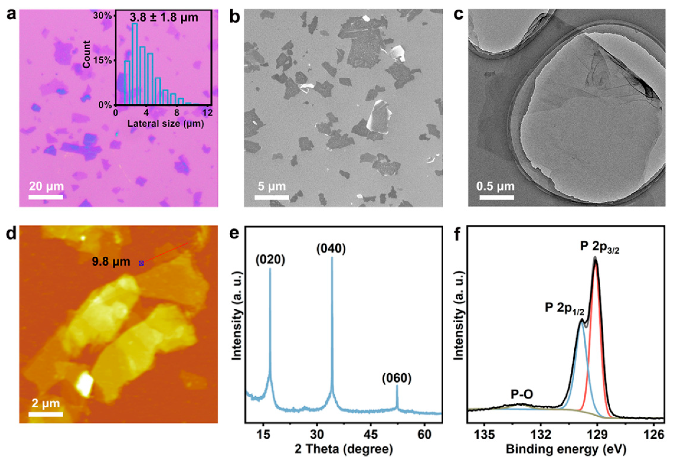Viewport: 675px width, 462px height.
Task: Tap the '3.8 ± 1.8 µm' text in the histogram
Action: pyautogui.click(x=164, y=17)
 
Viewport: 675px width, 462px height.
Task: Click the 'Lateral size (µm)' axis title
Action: pyautogui.click(x=166, y=124)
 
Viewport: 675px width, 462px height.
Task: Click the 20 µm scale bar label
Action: pyautogui.click(x=46, y=186)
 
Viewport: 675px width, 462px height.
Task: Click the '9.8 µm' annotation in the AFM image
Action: pyautogui.click(x=111, y=262)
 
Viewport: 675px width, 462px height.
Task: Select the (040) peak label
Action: pyautogui.click(x=331, y=249)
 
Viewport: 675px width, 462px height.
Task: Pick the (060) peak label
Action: pyautogui.click(x=397, y=378)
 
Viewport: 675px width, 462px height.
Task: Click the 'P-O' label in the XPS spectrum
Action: pyautogui.click(x=522, y=394)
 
